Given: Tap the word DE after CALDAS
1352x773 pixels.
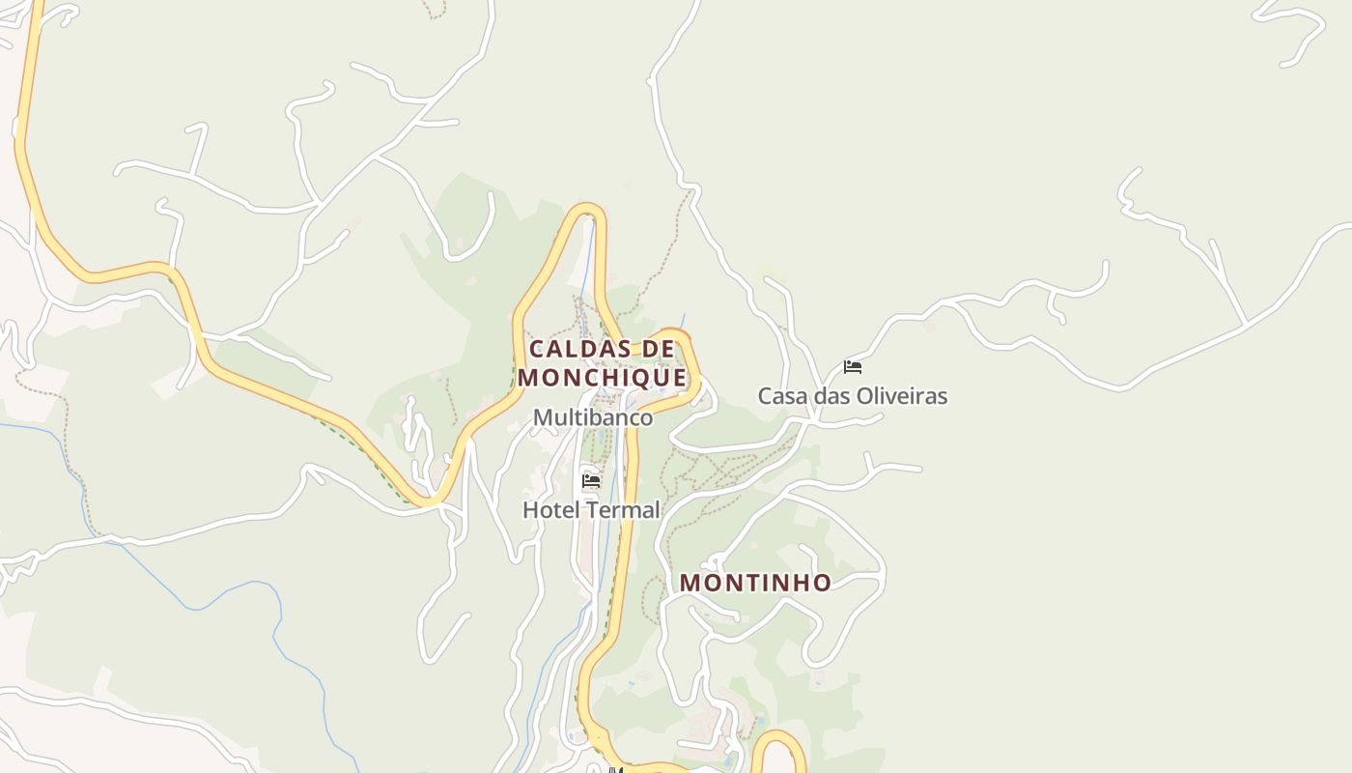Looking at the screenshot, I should tap(657, 349).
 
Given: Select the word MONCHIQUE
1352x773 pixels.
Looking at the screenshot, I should tap(602, 377).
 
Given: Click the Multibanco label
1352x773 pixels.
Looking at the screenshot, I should tap(593, 417).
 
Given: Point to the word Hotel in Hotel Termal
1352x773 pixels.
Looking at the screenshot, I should tap(549, 509).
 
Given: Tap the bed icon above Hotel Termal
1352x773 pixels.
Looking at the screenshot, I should tap(591, 480).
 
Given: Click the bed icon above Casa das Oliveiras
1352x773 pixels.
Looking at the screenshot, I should tap(853, 366).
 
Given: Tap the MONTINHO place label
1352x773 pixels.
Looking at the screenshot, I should tap(755, 583).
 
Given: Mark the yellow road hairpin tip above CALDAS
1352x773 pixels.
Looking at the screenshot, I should tap(586, 209).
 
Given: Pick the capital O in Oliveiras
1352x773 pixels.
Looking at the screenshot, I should tap(860, 396).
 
